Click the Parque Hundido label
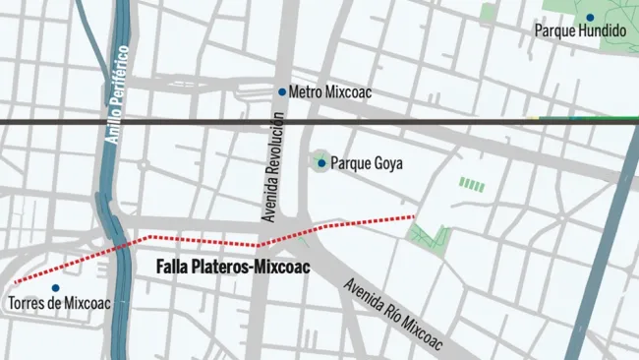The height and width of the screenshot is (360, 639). [x=579, y=31]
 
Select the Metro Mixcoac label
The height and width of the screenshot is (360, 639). [x=330, y=91]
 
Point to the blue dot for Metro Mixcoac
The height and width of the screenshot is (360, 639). [x=282, y=91]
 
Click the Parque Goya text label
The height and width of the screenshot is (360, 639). [x=367, y=163]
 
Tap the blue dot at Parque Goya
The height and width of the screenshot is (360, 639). [x=321, y=163]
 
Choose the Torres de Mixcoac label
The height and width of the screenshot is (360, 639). [x=58, y=303]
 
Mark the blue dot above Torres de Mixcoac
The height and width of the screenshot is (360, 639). [x=55, y=288]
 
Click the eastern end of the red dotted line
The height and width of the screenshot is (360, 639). [x=414, y=215]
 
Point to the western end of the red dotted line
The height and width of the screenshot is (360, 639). [x=17, y=281]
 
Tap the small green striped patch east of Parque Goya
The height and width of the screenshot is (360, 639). [x=473, y=185]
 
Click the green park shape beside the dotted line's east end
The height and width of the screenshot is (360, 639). [x=429, y=237]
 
